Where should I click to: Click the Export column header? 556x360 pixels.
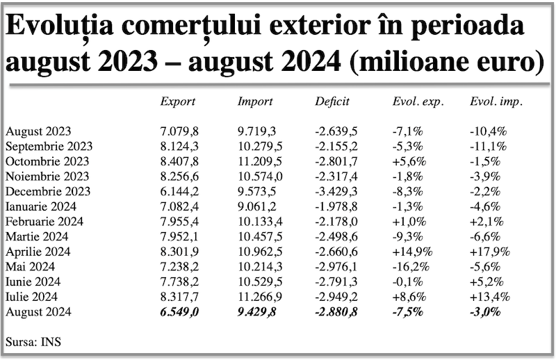click(x=178, y=101)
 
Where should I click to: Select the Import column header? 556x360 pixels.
click(x=255, y=101)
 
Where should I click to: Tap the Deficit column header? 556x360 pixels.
click(x=332, y=101)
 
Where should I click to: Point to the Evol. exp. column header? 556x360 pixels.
click(x=418, y=101)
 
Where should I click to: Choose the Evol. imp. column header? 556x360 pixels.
click(x=496, y=101)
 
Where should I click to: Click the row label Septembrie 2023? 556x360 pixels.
click(x=49, y=147)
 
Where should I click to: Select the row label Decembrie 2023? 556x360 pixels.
click(x=48, y=192)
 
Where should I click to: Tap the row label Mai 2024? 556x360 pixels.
click(x=30, y=267)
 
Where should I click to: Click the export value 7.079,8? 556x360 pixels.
click(x=179, y=131)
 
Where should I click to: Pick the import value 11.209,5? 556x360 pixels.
click(x=260, y=162)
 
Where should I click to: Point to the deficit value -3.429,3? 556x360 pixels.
click(x=336, y=192)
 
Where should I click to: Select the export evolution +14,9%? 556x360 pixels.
click(x=412, y=252)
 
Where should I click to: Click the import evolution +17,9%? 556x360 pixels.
click(x=490, y=252)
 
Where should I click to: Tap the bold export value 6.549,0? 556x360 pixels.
click(x=179, y=312)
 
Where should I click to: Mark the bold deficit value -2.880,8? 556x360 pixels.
click(x=336, y=312)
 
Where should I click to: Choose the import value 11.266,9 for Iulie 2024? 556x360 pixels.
click(x=260, y=297)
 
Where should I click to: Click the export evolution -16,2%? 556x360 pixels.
click(x=411, y=267)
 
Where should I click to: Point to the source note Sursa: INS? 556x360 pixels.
click(x=33, y=342)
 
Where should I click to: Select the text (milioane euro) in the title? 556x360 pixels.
click(x=447, y=61)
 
